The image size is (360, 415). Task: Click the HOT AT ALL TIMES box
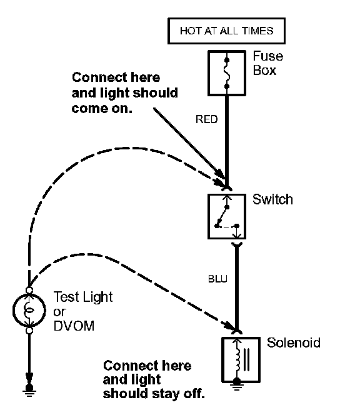click(227, 31)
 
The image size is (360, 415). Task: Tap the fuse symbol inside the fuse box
click(227, 72)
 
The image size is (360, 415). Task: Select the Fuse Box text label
click(267, 63)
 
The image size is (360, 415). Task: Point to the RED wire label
click(206, 119)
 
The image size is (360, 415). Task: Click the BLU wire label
click(217, 279)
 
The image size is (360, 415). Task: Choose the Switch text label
click(272, 199)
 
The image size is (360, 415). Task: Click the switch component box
click(227, 216)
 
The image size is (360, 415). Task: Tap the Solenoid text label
click(294, 342)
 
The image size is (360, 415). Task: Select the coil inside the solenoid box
click(237, 359)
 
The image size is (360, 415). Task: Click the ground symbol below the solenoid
click(237, 385)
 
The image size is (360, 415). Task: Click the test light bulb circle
click(29, 311)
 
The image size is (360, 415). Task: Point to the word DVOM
click(74, 326)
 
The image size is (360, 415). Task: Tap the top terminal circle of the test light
click(29, 290)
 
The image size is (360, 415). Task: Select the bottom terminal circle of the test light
click(29, 331)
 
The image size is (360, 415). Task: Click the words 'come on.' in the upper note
click(102, 109)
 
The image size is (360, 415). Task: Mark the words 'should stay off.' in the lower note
click(154, 394)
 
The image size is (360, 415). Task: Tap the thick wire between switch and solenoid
click(237, 287)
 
